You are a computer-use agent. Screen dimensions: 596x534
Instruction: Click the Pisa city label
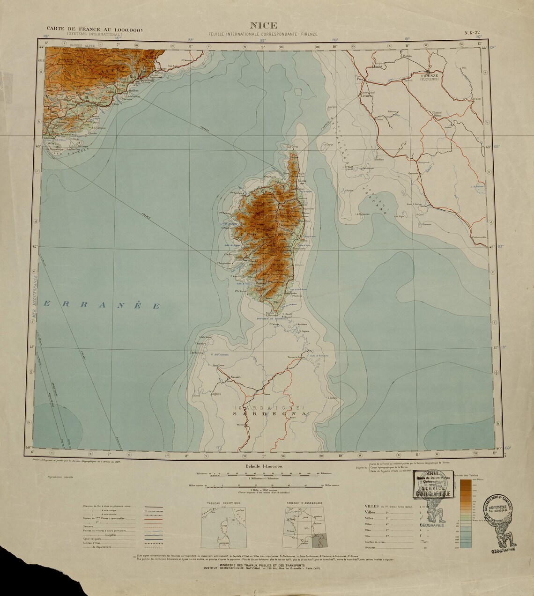360,80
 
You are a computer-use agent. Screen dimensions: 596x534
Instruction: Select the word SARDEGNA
271,414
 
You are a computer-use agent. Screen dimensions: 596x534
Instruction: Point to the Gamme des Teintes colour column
466,513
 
